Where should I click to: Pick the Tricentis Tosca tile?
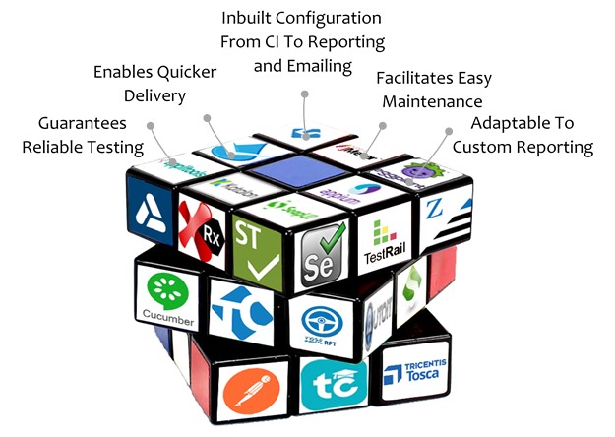(x=413, y=377)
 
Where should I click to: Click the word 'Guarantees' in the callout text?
(x=81, y=123)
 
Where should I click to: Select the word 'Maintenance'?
(x=430, y=100)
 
